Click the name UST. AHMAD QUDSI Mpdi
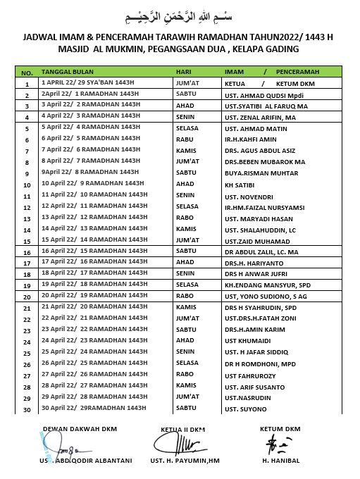(259, 94)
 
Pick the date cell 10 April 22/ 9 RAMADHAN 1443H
(91, 183)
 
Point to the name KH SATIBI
(240, 184)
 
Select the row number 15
(27, 241)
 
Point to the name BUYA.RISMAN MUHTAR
(260, 173)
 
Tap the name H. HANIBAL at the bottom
(280, 461)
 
